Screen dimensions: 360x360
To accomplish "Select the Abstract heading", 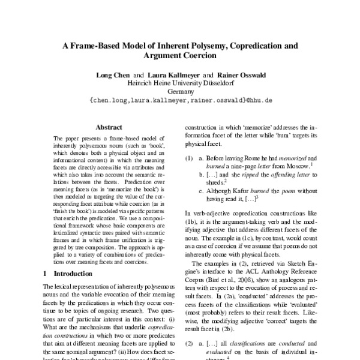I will [x=109, y=127].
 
